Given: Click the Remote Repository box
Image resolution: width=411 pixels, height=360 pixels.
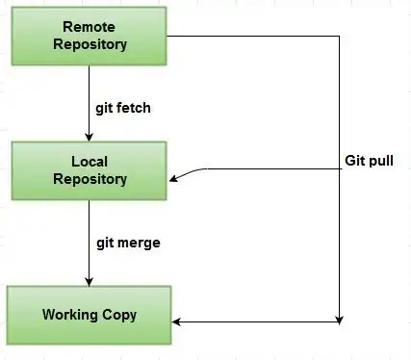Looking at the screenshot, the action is click(x=90, y=37).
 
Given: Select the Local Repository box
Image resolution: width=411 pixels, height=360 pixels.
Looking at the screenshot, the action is click(x=90, y=171).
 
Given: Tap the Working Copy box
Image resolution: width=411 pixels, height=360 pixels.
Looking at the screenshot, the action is click(x=90, y=316).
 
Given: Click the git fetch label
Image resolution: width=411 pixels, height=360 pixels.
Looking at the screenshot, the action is click(x=123, y=109).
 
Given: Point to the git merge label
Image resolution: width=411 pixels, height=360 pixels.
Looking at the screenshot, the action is click(x=128, y=244).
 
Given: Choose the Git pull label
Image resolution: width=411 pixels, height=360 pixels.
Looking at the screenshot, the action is click(x=369, y=161).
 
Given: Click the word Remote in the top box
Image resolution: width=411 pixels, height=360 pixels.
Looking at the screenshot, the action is click(x=89, y=27).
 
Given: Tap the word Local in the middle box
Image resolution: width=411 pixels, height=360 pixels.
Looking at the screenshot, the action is click(x=90, y=162).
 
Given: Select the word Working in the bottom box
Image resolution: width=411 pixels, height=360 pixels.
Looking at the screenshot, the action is click(x=70, y=315).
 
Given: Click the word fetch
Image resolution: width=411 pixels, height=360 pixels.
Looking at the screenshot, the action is click(x=133, y=108).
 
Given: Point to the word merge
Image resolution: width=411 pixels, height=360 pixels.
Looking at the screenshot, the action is click(x=139, y=244).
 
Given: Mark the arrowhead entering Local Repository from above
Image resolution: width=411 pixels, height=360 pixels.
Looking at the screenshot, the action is click(x=90, y=138).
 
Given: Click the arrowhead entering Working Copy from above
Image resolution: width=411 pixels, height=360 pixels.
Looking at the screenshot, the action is click(x=90, y=282).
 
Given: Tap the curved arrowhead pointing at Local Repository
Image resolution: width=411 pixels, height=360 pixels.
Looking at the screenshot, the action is click(x=173, y=178).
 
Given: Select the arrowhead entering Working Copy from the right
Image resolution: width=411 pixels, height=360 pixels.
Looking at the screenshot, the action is click(x=176, y=321).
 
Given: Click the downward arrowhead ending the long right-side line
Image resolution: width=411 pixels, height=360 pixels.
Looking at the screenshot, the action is click(x=340, y=320).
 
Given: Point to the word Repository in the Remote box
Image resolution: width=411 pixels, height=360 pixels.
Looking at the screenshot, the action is click(x=90, y=44).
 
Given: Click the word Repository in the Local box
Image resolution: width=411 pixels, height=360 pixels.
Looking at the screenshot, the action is click(x=90, y=179).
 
